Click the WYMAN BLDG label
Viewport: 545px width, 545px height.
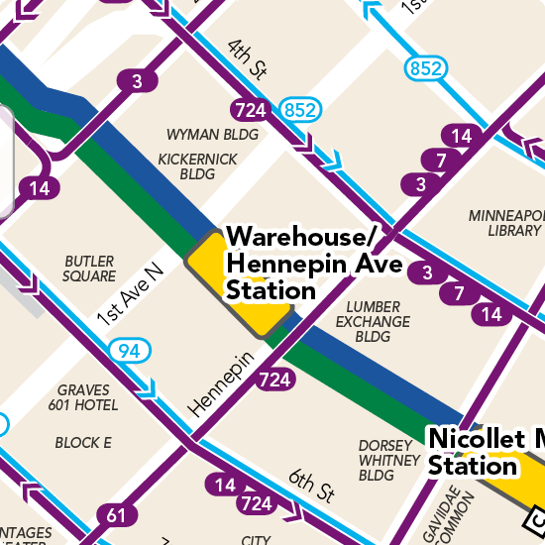point(212,135)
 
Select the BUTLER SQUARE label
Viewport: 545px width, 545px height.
point(89,269)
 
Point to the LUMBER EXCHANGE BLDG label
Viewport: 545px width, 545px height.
point(372,322)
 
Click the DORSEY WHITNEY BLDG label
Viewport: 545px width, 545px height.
point(389,460)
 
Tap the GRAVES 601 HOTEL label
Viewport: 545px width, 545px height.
point(87,397)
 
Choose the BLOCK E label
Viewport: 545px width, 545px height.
point(83,443)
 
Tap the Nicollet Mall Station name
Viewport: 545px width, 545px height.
point(484,452)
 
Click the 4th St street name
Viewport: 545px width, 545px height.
point(248,59)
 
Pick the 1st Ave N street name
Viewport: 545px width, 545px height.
point(129,294)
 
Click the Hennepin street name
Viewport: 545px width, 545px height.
point(221,384)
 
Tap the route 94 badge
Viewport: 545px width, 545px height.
point(129,351)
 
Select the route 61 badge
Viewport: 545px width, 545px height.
point(117,514)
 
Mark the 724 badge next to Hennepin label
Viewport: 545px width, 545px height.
point(276,379)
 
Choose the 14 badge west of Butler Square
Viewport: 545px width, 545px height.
point(39,187)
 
